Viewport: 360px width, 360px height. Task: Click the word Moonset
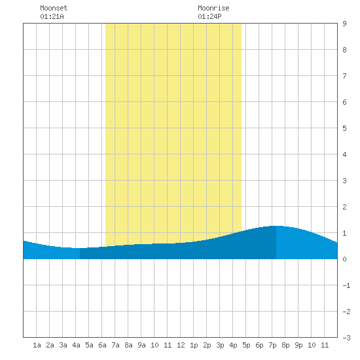click(54, 8)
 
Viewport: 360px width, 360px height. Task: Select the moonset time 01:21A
click(52, 16)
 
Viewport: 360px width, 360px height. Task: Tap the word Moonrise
click(213, 8)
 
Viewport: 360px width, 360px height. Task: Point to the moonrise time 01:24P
click(209, 16)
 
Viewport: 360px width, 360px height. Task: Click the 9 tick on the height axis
click(344, 24)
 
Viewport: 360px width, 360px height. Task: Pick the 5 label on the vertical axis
click(344, 128)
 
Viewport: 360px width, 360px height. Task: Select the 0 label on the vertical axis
click(344, 259)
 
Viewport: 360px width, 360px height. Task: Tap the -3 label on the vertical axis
click(346, 338)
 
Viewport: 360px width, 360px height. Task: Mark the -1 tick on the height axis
click(346, 285)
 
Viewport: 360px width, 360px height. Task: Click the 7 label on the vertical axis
click(344, 76)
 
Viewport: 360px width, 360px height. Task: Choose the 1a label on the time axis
click(37, 345)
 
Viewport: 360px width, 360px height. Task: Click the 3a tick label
click(63, 345)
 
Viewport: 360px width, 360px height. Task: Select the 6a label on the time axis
click(102, 345)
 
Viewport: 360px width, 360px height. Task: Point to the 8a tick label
click(128, 345)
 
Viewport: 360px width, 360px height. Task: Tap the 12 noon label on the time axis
click(181, 345)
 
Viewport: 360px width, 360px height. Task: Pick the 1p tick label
click(194, 345)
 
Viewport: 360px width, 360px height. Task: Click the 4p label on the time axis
click(233, 345)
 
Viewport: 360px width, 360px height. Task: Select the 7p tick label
click(272, 345)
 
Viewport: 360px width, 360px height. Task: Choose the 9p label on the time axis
click(298, 345)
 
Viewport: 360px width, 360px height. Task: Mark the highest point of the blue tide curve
click(276, 226)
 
